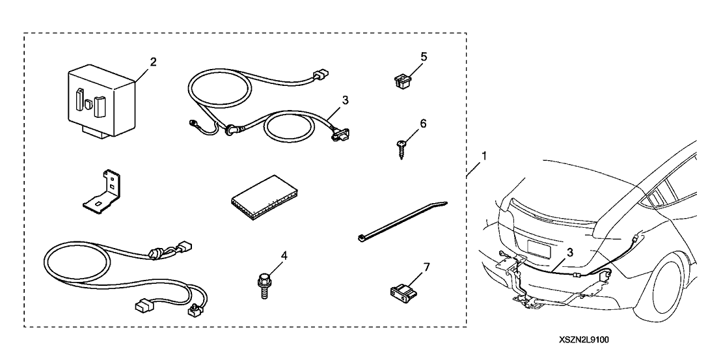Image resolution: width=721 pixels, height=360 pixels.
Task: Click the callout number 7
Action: click(x=426, y=266)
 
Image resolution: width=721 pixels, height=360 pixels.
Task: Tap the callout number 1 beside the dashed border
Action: click(x=482, y=157)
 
